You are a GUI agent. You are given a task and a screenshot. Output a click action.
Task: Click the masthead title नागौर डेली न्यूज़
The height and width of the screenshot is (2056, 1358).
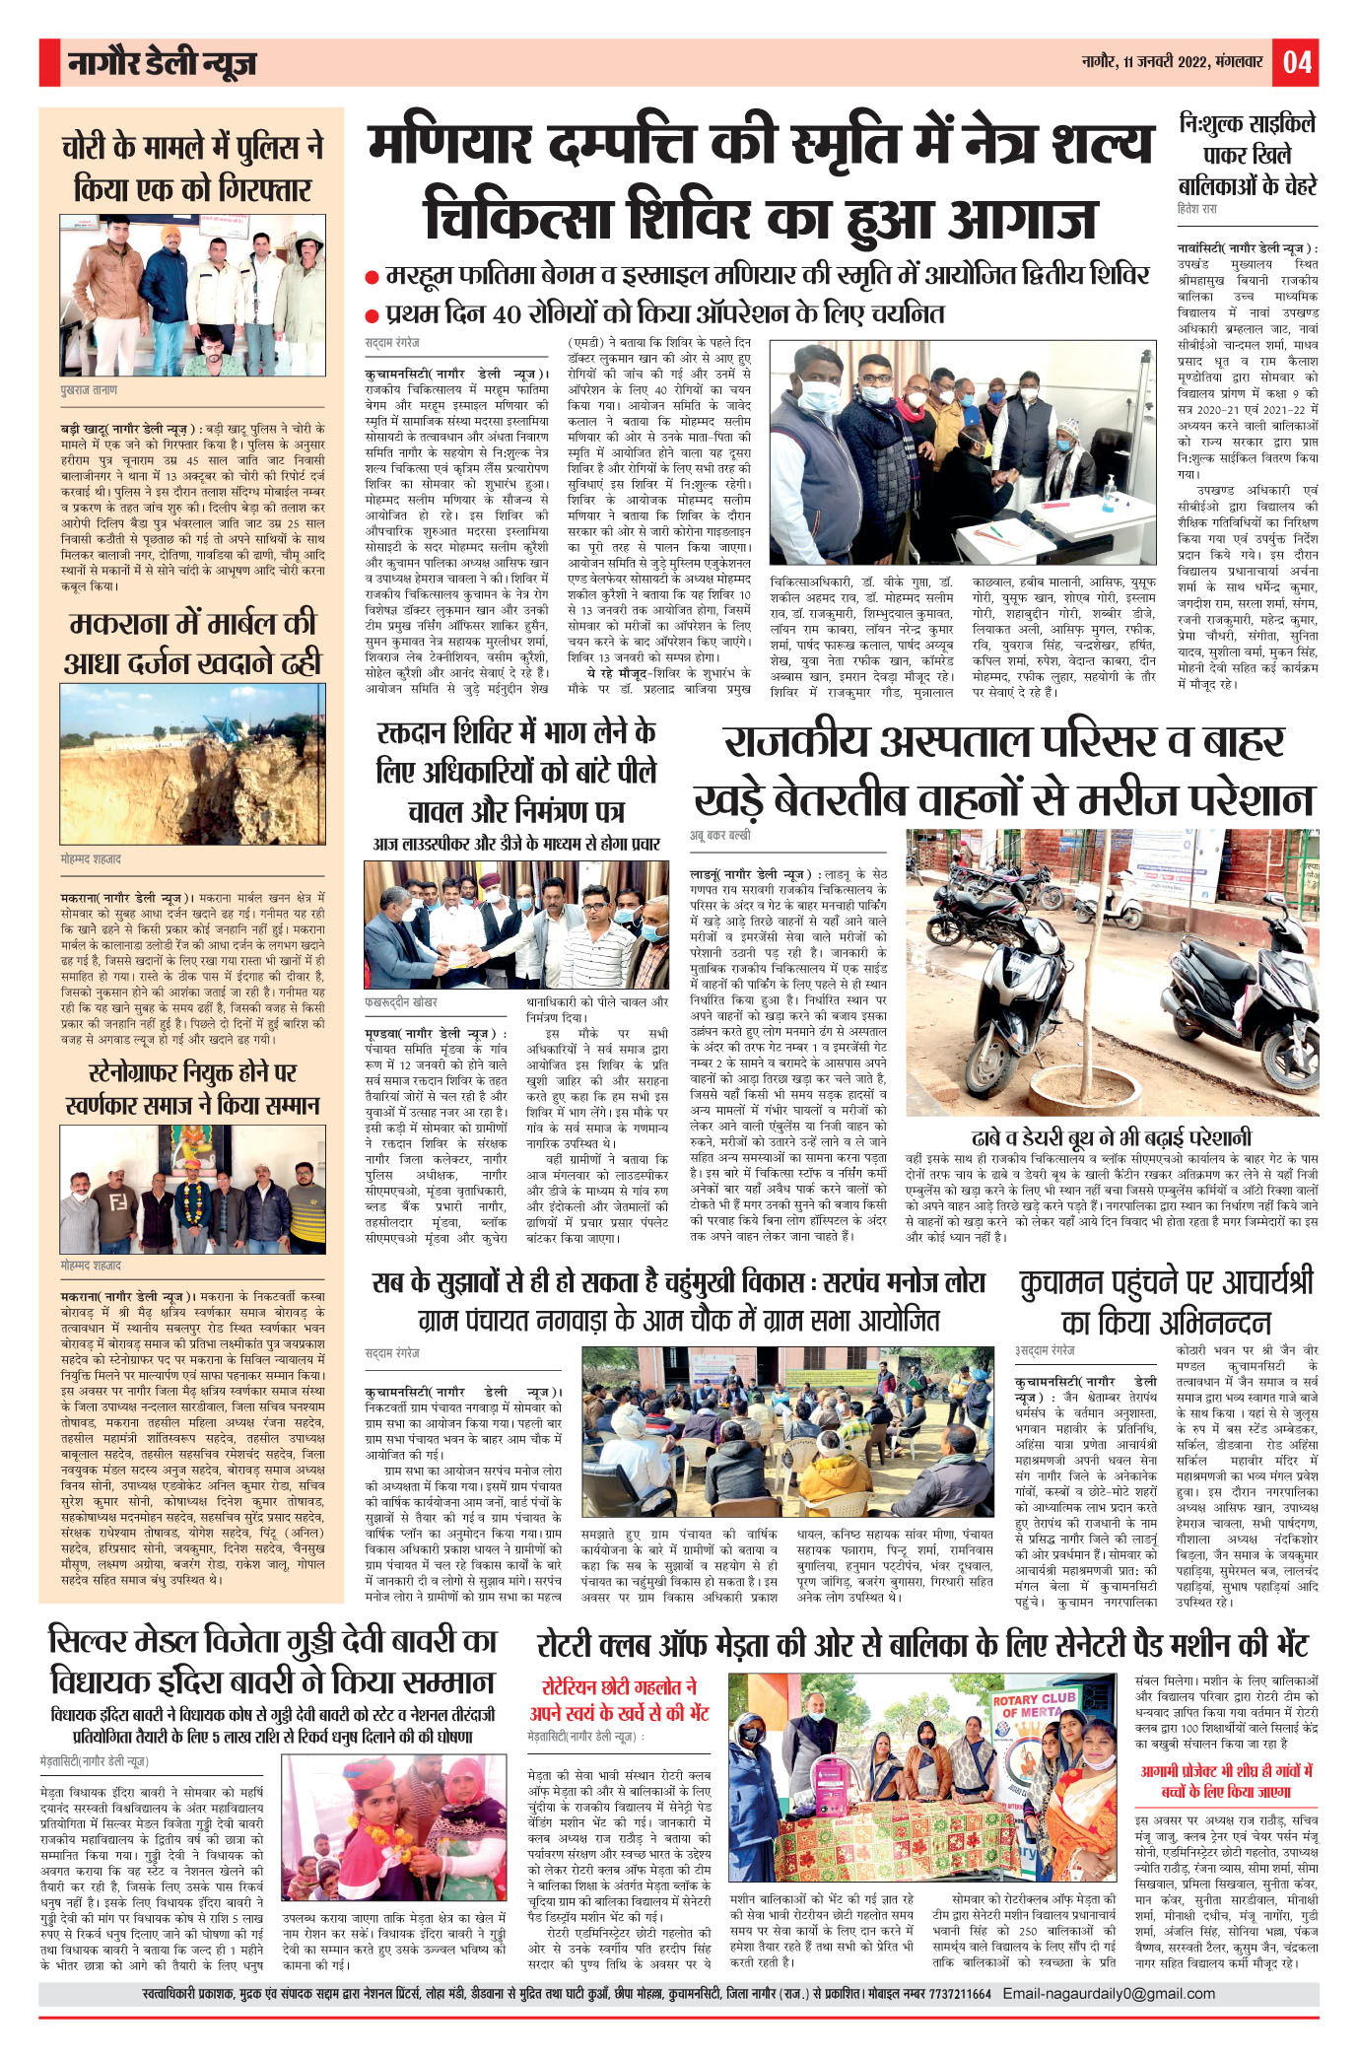point(163,63)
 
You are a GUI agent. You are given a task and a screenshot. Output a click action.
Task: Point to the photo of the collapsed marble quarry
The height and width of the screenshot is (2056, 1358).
point(192,764)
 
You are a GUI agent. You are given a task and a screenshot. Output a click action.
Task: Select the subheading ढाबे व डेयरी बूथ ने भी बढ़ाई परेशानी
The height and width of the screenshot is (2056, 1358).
point(1111,1136)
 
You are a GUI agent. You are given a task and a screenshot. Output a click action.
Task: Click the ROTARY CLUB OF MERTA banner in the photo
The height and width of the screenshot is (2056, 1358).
point(1034,1706)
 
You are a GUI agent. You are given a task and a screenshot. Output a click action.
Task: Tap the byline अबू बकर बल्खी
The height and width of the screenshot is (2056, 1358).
point(719,835)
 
